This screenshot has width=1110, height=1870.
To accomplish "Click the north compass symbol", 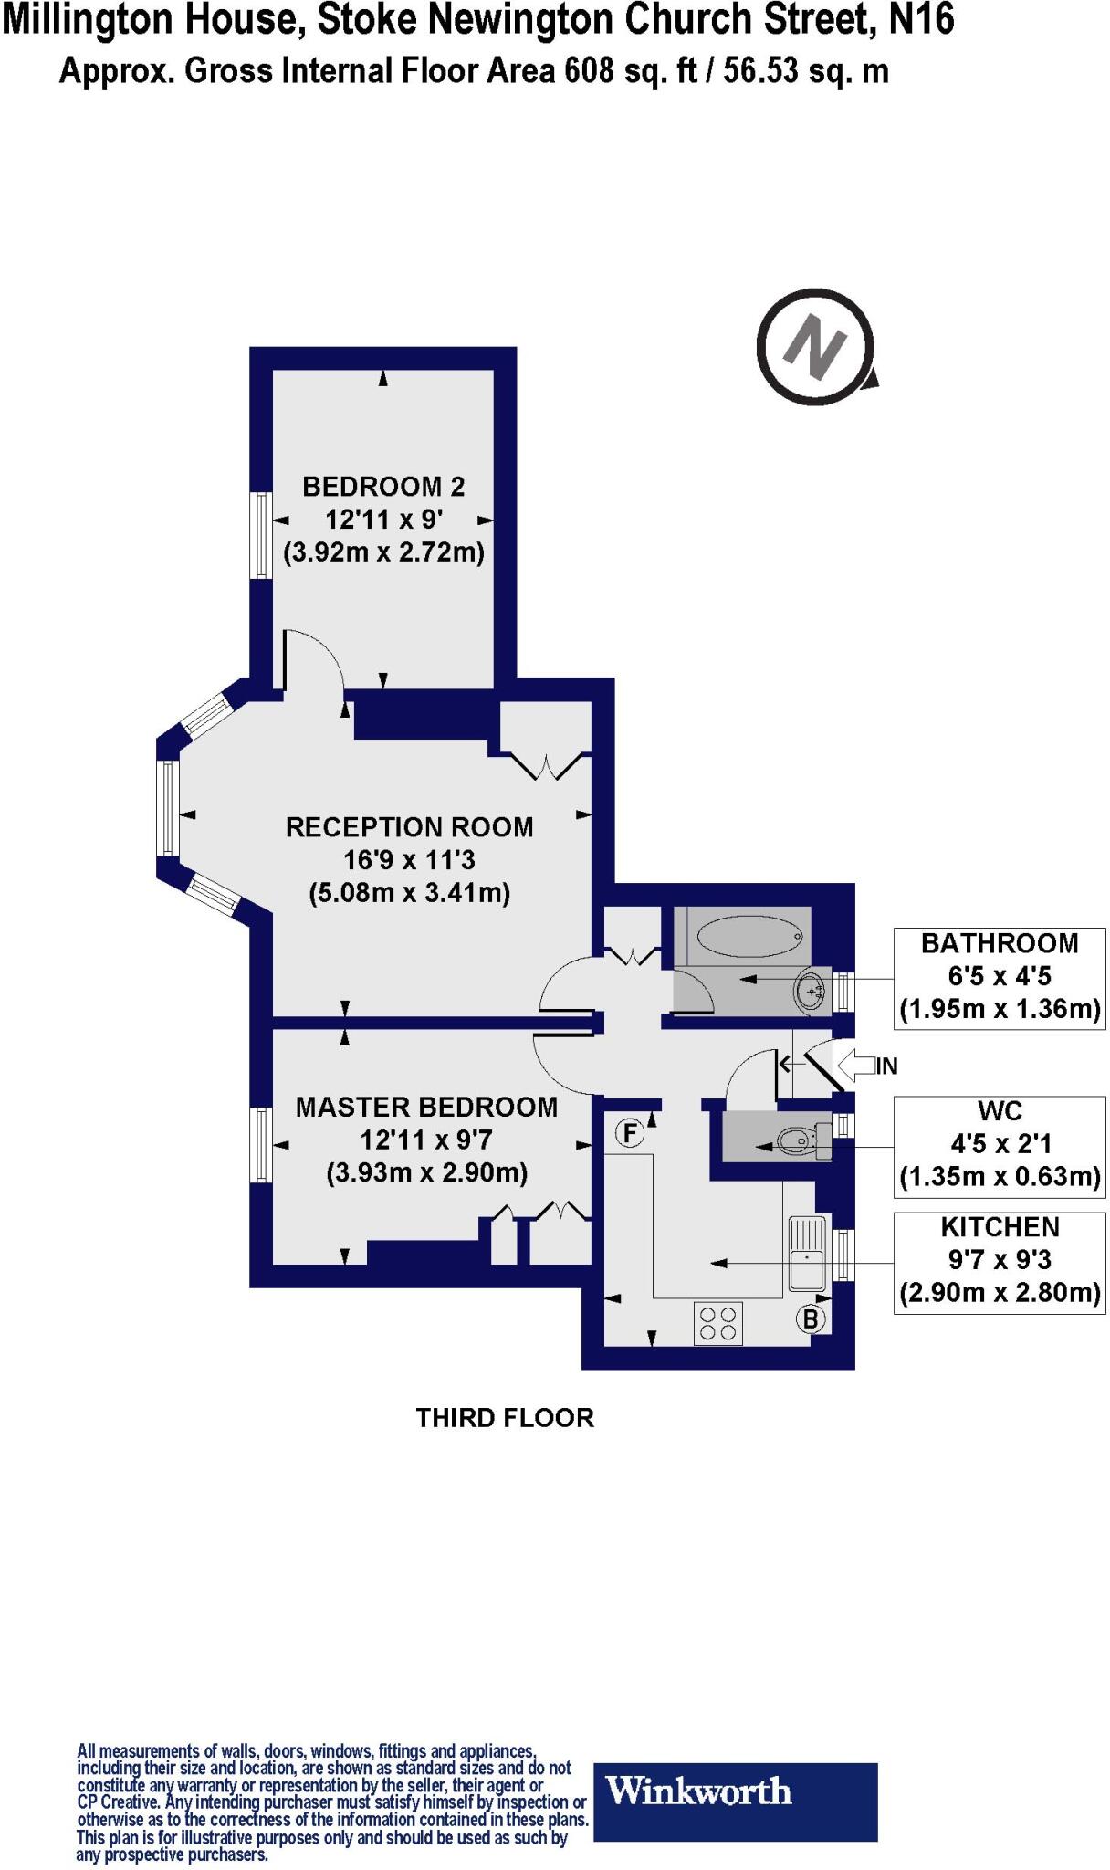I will (815, 347).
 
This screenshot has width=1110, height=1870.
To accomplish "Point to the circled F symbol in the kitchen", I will (630, 1133).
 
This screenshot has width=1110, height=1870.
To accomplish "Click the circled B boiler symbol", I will (811, 1318).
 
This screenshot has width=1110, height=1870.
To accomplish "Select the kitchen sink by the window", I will (806, 1253).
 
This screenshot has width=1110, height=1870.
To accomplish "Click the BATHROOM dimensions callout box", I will (1000, 978).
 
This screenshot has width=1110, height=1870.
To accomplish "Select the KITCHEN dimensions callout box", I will (1000, 1262).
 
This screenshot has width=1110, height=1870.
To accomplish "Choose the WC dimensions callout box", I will (1000, 1145).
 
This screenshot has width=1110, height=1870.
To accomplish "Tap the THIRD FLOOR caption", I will (505, 1417).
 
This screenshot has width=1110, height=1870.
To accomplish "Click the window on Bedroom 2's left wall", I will (261, 535).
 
